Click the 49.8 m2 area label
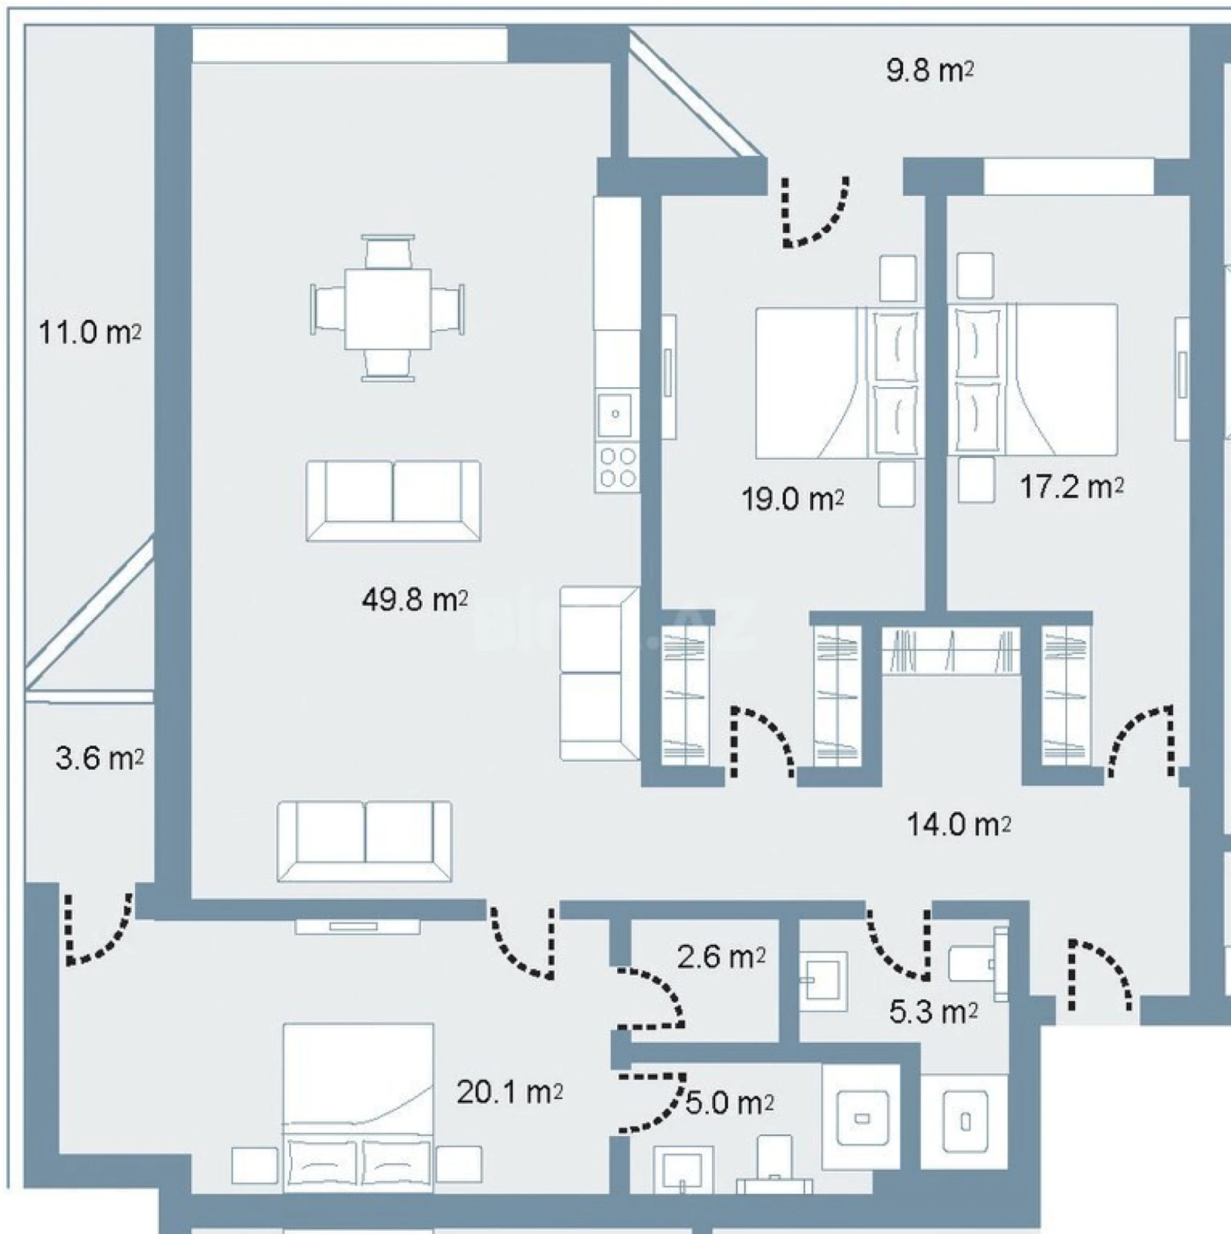pos(414,599)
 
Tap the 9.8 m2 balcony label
pos(929,70)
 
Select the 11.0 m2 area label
pos(89,333)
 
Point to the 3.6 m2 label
pos(99,758)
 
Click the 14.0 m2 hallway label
pos(958,824)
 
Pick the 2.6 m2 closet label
pos(720,957)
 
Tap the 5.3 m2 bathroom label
pos(933,1011)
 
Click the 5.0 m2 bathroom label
pos(729,1103)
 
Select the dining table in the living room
pos(387,308)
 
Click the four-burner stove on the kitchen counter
pos(617,467)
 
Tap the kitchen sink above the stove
pos(615,415)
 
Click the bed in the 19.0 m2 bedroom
pos(837,383)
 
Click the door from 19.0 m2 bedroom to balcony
pos(815,212)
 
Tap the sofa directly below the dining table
pos(393,501)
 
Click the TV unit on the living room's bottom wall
pos(357,925)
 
